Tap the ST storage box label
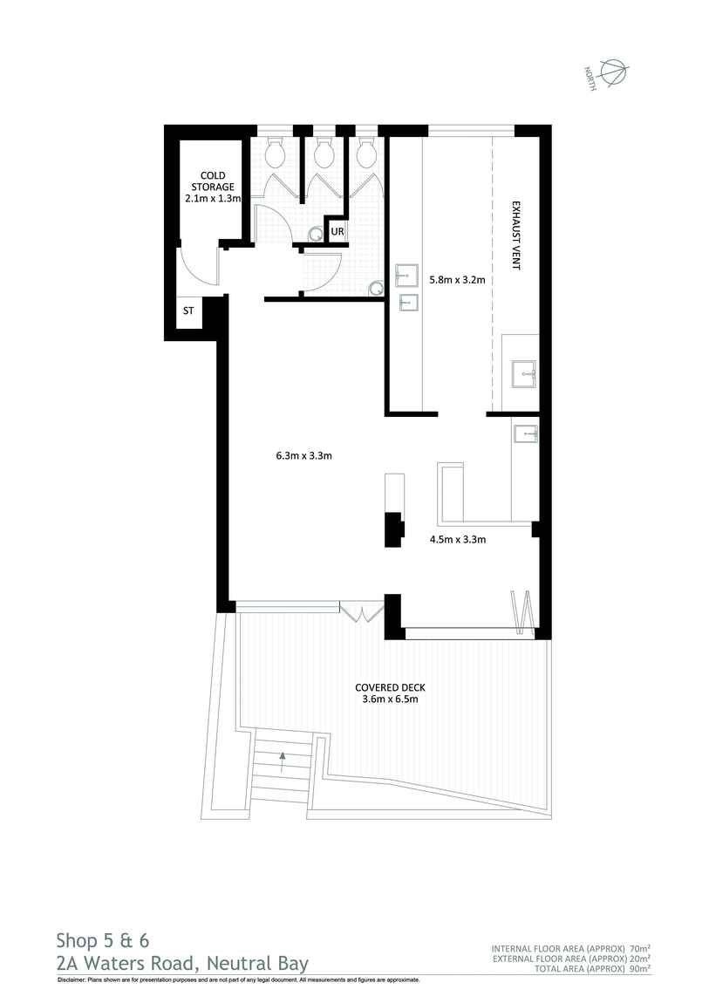187,310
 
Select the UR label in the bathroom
337,232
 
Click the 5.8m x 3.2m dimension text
456,280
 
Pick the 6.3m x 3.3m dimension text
304,455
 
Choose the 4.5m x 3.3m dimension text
457,539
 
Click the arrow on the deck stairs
283,756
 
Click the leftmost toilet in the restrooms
276,154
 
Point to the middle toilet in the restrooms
324,154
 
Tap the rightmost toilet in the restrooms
366,154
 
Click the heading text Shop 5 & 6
103,940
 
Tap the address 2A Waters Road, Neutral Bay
181,963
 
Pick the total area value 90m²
641,968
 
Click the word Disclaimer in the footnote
72,980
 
